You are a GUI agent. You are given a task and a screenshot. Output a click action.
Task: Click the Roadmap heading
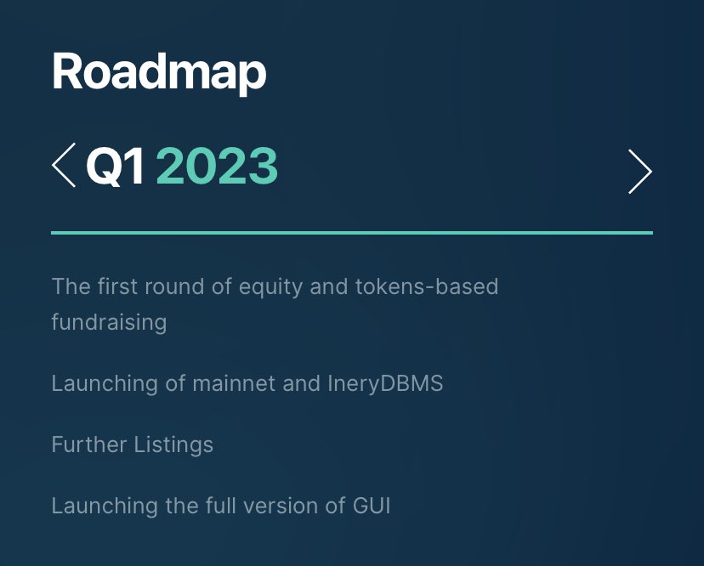159,73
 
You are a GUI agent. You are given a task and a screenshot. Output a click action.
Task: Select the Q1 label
116,166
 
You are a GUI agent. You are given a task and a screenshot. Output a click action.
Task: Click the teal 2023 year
217,166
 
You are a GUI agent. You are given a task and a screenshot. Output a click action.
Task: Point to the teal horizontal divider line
351,232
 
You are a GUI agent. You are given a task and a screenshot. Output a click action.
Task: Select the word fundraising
109,323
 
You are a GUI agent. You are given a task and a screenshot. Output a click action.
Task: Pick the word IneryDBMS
385,383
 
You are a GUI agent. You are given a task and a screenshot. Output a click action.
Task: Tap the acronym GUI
371,506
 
